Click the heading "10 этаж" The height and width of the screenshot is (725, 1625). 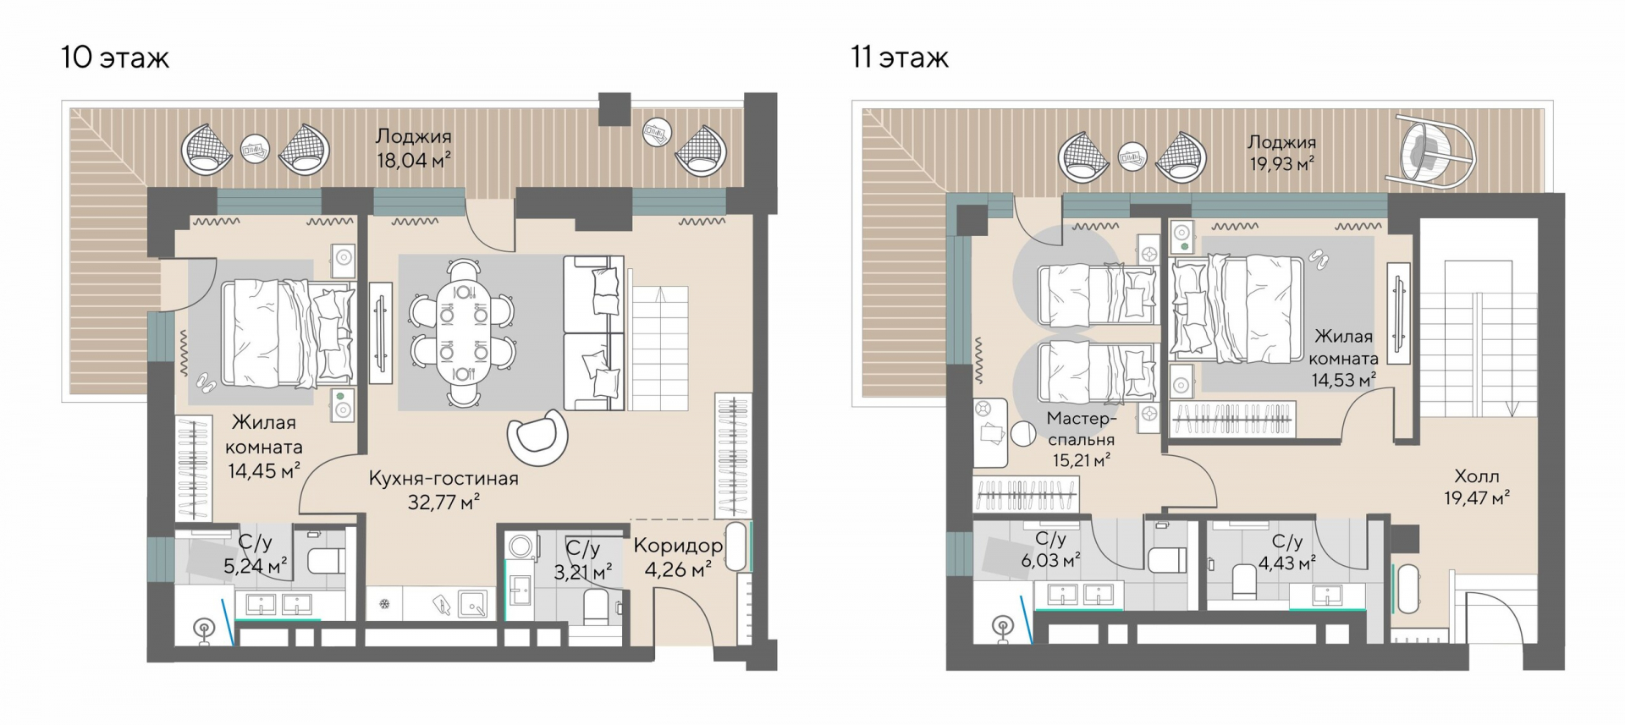115,58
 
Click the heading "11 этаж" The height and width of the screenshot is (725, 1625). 900,58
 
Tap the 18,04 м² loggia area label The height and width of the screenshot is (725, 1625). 414,159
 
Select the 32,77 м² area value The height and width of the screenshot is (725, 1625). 444,503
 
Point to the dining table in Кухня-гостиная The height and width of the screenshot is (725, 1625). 462,332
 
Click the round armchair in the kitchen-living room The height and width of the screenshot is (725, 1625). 537,437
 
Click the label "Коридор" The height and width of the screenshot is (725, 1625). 678,546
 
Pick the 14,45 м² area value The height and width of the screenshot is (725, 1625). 264,470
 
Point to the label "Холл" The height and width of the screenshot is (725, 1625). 1477,476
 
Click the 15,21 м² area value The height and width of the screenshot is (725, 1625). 1082,461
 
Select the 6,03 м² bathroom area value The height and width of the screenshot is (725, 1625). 1050,560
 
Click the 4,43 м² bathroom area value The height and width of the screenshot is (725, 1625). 1287,563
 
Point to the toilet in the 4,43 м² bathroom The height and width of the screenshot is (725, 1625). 1243,581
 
